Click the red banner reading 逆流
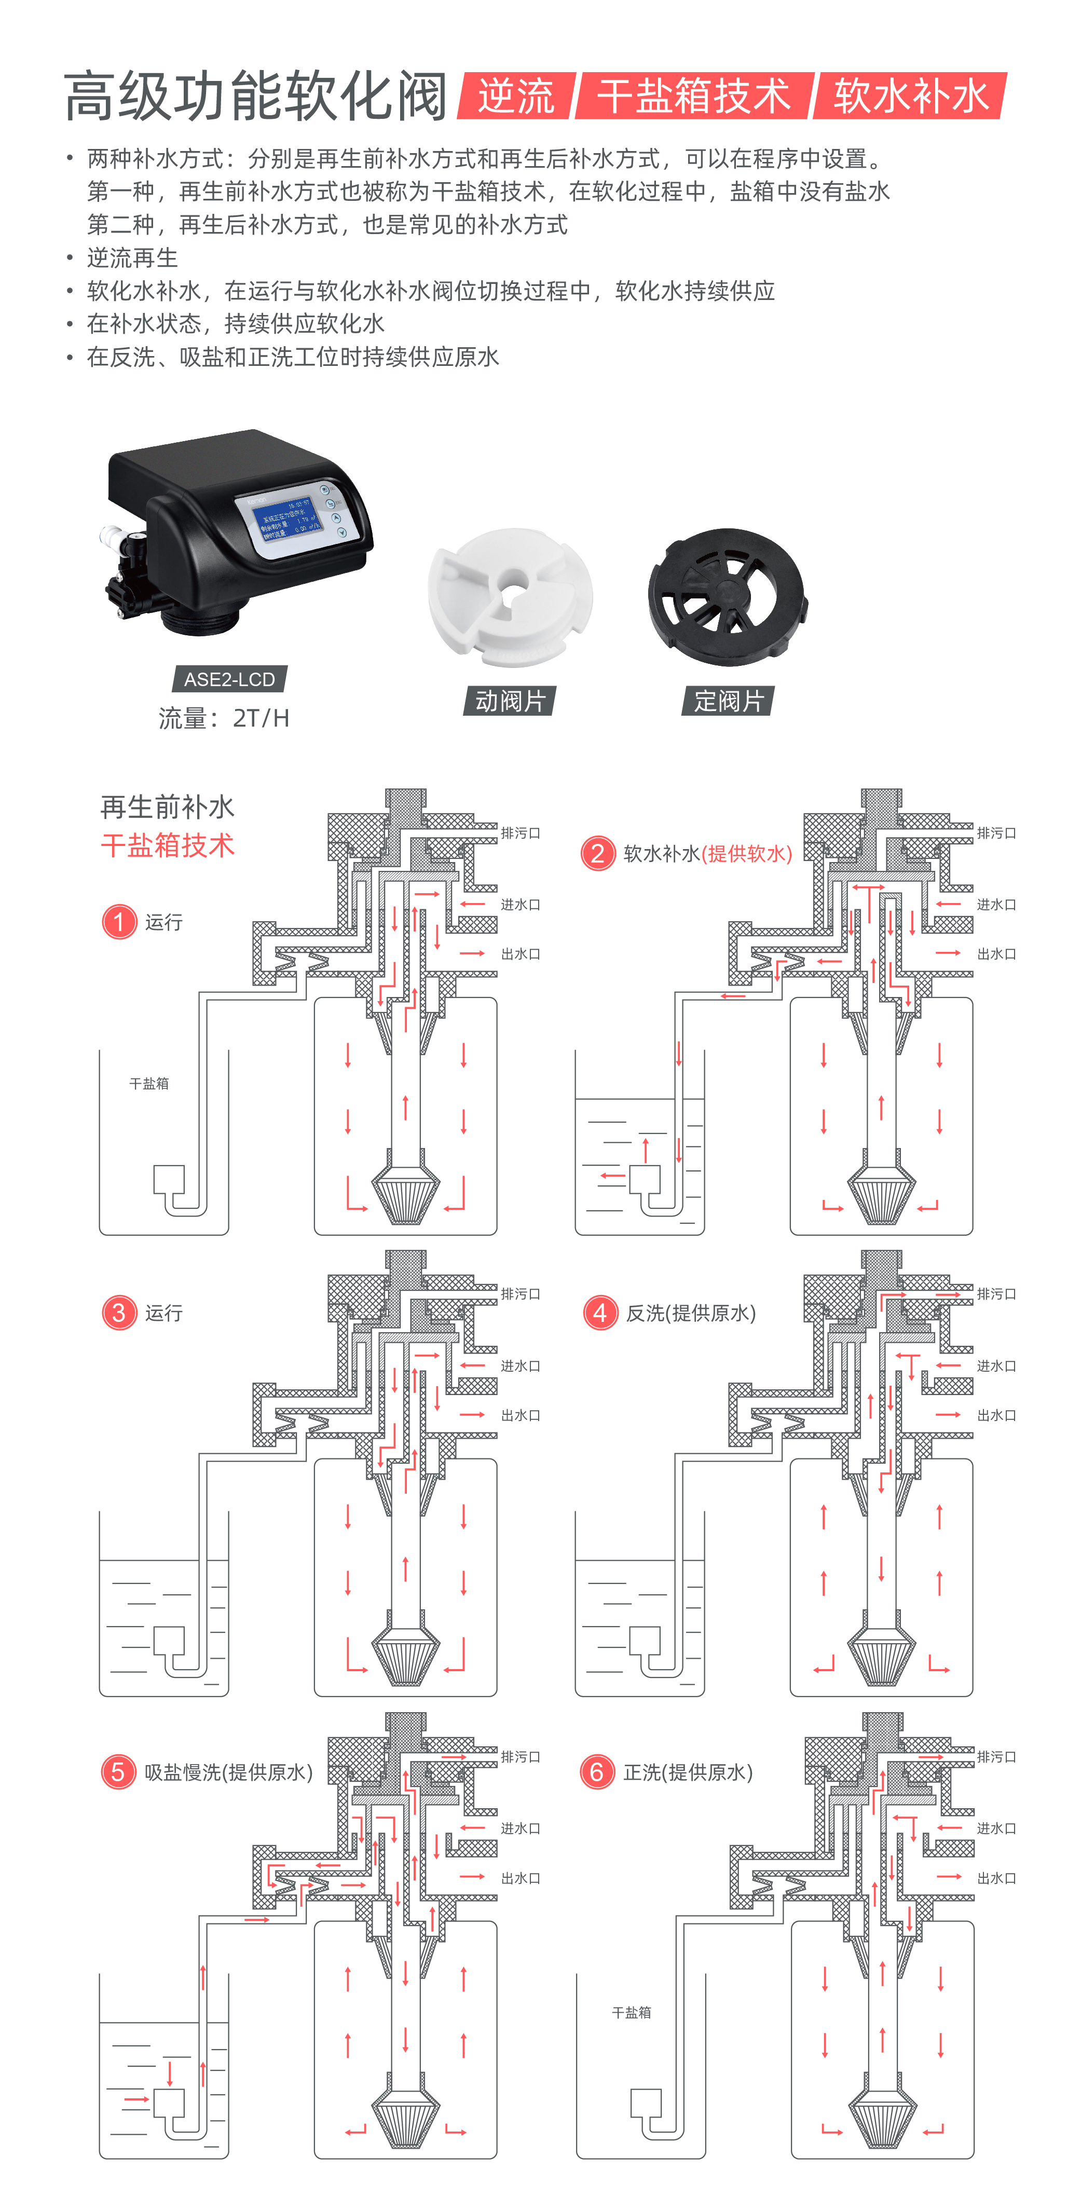(516, 95)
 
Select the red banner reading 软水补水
(910, 95)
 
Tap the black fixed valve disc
(727, 595)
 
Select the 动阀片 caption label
(510, 701)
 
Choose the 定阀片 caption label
(728, 701)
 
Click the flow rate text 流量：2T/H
(223, 718)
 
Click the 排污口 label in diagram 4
(996, 1294)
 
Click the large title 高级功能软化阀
(255, 96)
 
